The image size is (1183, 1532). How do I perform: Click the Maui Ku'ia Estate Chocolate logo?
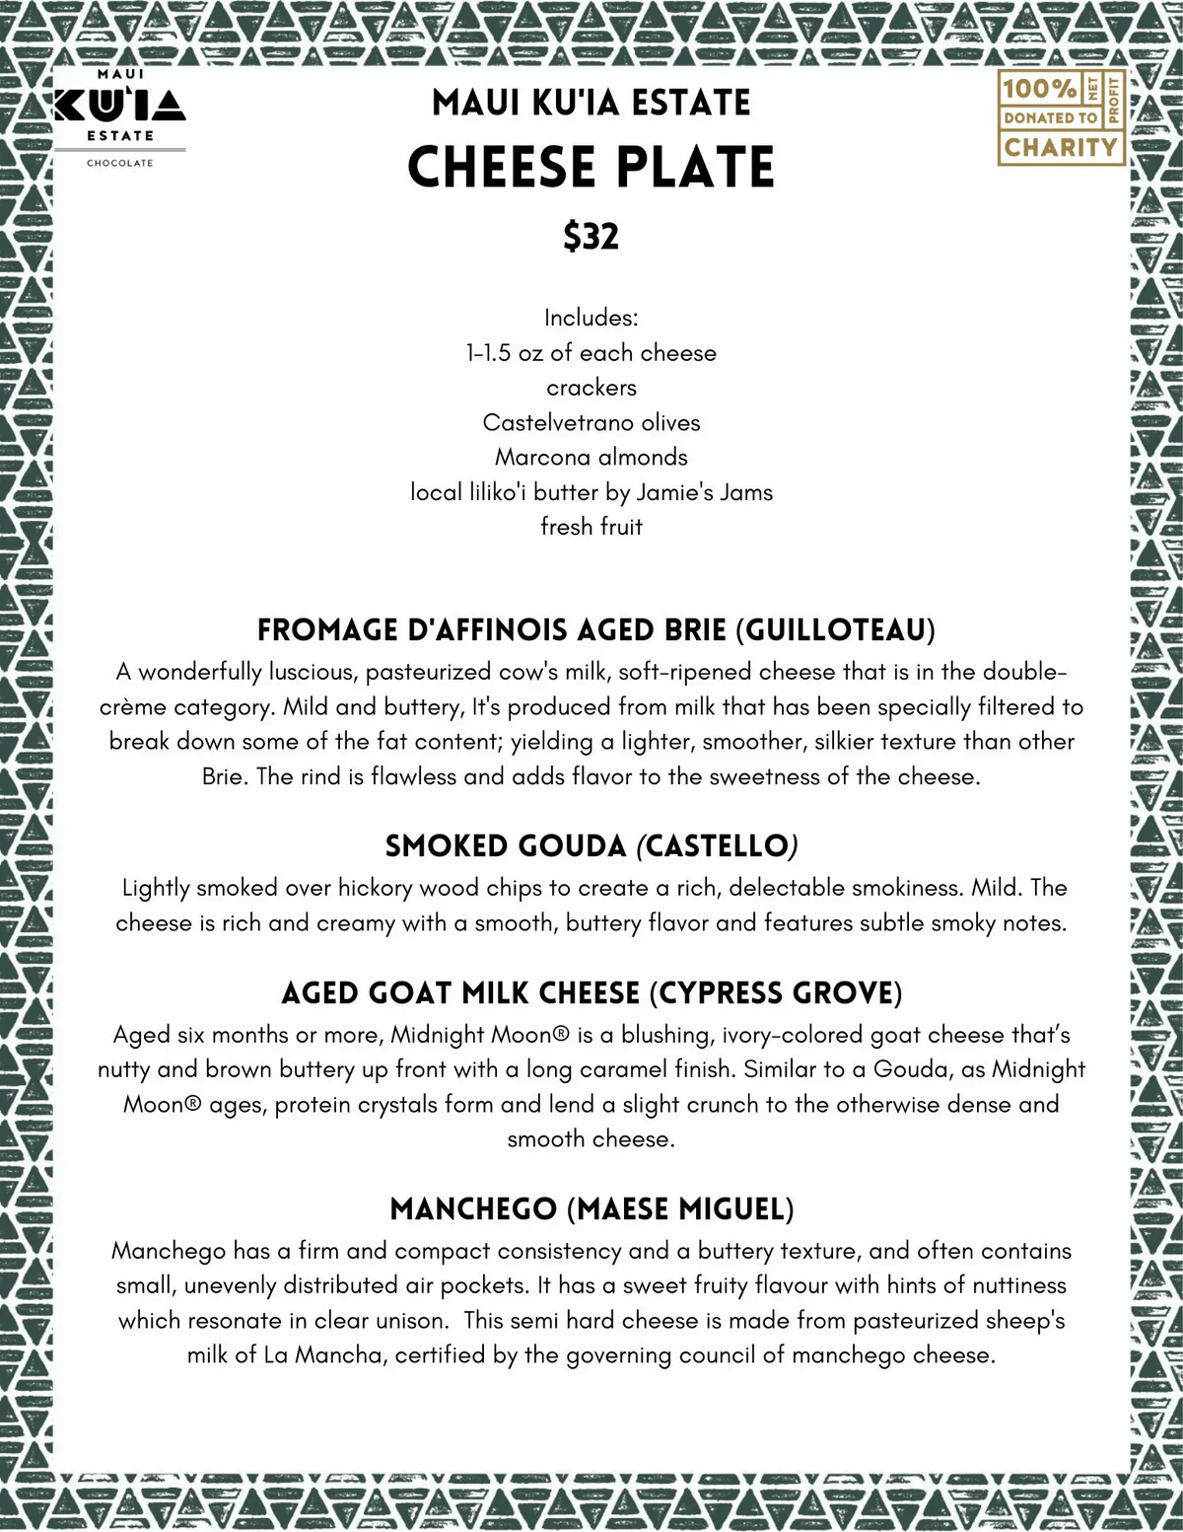[x=120, y=116]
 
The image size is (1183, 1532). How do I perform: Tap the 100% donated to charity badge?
[x=1061, y=117]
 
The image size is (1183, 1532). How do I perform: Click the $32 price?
[x=591, y=237]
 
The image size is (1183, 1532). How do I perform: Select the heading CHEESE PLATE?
[x=591, y=168]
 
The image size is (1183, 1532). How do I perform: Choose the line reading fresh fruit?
[x=591, y=527]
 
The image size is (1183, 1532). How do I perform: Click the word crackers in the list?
[x=591, y=388]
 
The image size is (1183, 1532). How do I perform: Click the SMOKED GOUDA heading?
[x=506, y=846]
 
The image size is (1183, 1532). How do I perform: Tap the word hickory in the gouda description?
[x=375, y=888]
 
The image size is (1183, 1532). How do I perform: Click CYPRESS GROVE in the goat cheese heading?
[x=776, y=993]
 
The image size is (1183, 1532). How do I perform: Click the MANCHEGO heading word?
[x=473, y=1209]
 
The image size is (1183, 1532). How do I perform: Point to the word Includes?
[x=591, y=319]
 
